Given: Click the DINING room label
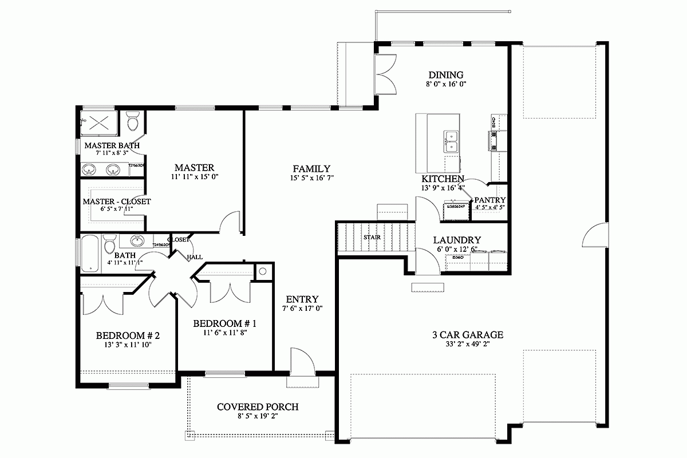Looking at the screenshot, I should click(x=445, y=75).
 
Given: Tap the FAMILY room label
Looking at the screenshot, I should click(x=311, y=169).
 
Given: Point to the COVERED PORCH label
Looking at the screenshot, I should click(x=258, y=407).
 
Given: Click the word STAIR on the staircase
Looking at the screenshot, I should click(x=372, y=237).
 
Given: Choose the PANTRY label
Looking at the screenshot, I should click(x=489, y=200).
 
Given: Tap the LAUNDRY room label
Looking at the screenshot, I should click(x=457, y=240).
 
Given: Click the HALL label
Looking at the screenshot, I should click(x=194, y=258).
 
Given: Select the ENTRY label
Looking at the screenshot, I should click(x=302, y=299).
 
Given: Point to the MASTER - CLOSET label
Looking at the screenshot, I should click(x=117, y=202).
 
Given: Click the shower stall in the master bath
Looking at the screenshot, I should click(x=101, y=121).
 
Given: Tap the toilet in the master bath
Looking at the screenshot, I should click(x=133, y=122).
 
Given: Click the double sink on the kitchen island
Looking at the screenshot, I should click(x=451, y=141).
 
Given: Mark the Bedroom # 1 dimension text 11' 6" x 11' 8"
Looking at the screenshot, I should click(x=224, y=333).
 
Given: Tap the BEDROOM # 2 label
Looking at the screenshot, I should click(x=127, y=335).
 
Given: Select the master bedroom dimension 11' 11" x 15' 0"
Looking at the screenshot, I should click(x=194, y=177).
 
